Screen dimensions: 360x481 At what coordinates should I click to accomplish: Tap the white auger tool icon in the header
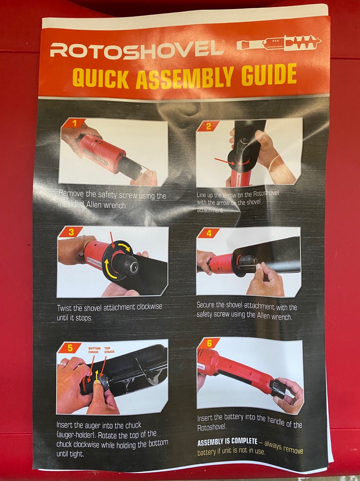point(279,43)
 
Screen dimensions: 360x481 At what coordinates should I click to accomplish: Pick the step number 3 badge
point(71,232)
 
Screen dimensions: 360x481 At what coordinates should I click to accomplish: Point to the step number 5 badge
point(70,348)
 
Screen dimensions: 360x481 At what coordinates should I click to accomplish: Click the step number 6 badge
point(209,344)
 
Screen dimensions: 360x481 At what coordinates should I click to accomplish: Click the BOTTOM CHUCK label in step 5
point(94,350)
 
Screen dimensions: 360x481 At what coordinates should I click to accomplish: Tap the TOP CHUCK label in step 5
point(109,350)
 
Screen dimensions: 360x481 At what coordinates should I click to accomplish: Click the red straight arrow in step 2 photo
point(224,161)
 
